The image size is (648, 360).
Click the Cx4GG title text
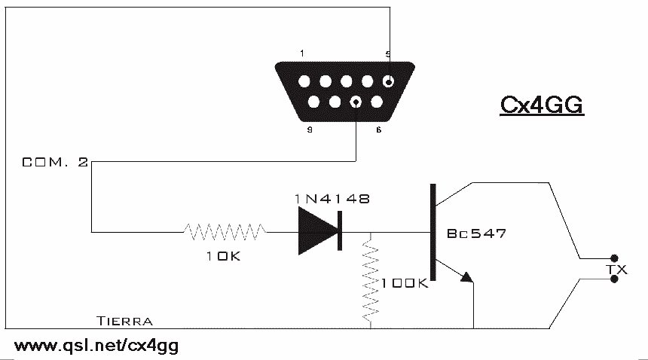(543, 105)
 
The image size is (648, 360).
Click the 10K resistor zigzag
(225, 232)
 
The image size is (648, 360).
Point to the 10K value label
(224, 256)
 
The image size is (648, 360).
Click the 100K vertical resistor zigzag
(370, 279)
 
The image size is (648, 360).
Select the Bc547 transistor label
(475, 233)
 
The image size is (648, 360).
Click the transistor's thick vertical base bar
(433, 231)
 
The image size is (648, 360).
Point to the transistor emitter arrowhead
(467, 277)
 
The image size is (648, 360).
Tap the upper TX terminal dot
(614, 257)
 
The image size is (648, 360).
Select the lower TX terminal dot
(614, 279)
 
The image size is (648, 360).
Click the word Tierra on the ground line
(125, 321)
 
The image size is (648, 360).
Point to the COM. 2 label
(54, 162)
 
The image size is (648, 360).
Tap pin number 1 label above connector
(301, 53)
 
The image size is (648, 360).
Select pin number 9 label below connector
(310, 130)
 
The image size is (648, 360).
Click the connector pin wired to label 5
(388, 82)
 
